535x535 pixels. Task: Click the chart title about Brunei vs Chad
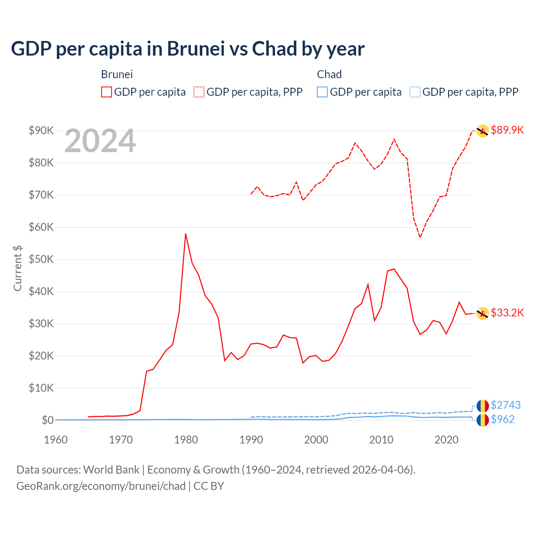tap(188, 49)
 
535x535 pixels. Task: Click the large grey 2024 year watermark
tap(100, 141)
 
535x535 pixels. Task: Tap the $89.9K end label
tap(507, 130)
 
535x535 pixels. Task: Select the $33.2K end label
tap(507, 313)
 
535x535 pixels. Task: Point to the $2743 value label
tap(505, 405)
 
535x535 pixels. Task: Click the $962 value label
tap(502, 419)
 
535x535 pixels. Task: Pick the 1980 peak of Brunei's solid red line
tap(186, 234)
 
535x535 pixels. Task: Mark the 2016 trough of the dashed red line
tap(420, 237)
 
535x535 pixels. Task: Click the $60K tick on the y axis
tap(41, 227)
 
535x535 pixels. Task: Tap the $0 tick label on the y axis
tap(48, 420)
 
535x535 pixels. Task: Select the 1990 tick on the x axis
tap(251, 440)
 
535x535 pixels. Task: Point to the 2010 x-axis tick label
tap(381, 440)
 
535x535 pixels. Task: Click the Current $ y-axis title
tap(18, 268)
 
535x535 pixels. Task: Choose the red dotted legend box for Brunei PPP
tap(199, 92)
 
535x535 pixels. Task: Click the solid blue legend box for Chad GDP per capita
tap(322, 92)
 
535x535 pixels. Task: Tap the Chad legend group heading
tap(329, 74)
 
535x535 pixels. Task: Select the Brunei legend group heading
tap(117, 74)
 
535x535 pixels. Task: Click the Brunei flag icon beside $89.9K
tap(483, 131)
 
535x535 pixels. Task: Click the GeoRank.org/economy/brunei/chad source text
tap(101, 486)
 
